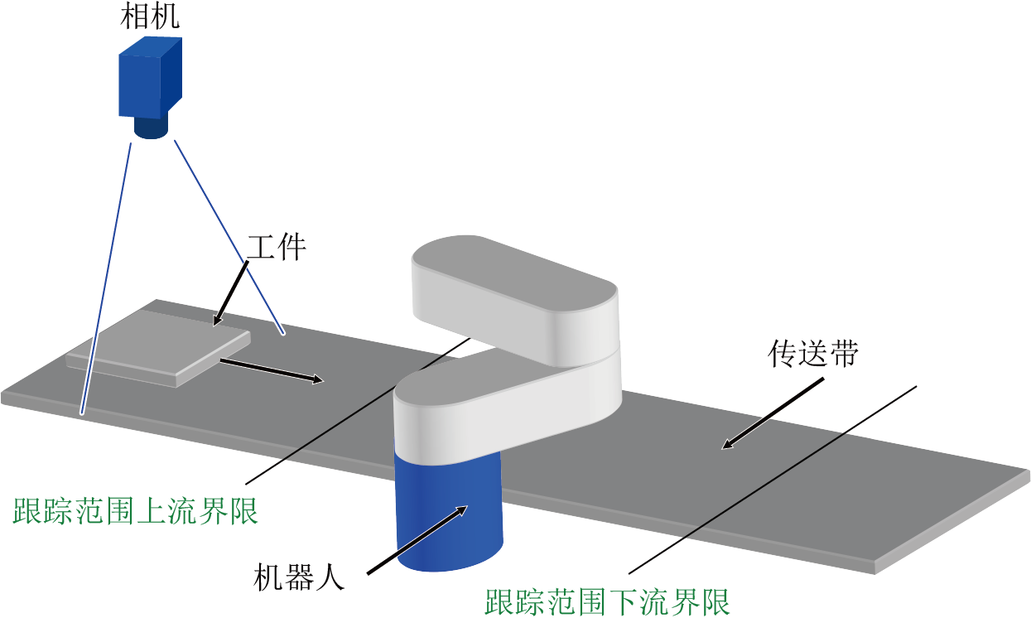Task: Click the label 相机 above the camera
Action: point(150,17)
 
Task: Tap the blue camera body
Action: point(151,79)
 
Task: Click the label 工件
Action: point(277,249)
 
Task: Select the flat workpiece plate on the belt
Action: point(159,348)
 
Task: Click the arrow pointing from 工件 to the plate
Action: point(231,293)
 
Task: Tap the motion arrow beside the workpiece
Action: point(272,370)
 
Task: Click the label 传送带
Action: point(813,354)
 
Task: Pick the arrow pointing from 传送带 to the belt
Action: point(773,413)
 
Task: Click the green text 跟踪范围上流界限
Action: point(135,510)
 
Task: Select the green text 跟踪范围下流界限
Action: point(608,601)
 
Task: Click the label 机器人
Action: point(299,577)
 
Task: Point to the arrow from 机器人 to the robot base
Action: point(417,539)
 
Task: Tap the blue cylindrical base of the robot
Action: point(449,516)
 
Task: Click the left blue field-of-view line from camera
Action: point(106,279)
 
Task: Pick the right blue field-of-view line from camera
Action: point(229,237)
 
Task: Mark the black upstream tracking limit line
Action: point(358,411)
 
